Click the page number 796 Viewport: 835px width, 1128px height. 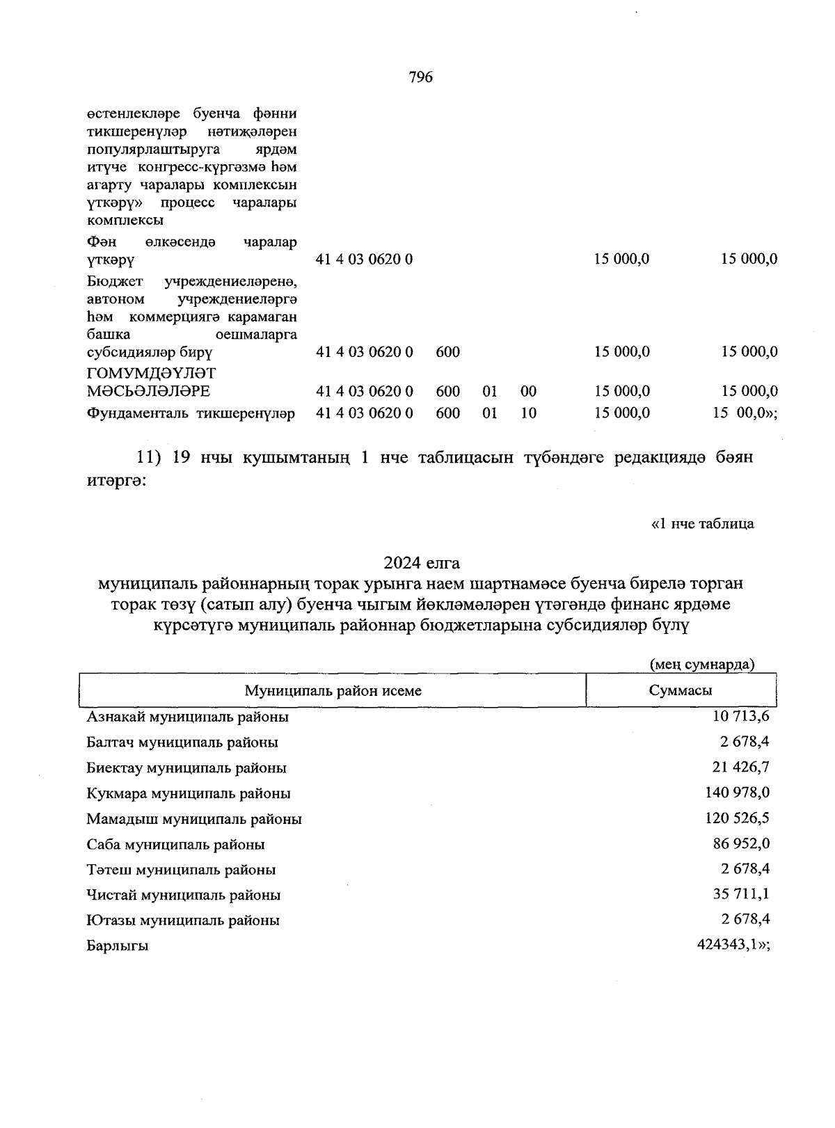coord(421,77)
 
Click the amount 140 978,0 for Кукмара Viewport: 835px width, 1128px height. coord(738,793)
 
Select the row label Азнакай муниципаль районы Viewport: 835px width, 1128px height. coord(188,717)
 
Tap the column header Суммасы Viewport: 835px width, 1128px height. coord(680,690)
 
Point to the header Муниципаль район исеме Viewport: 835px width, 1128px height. coord(333,691)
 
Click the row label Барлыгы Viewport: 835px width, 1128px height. coord(118,946)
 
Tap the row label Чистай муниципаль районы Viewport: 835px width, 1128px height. coord(184,895)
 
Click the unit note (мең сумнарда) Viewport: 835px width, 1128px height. coord(701,664)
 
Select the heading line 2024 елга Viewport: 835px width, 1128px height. coord(421,562)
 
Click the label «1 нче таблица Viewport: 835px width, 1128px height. coord(702,523)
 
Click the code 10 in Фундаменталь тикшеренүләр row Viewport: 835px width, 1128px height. coord(528,413)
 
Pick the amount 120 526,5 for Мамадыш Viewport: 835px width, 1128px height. coord(738,818)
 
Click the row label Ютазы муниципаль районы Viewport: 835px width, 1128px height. coord(183,921)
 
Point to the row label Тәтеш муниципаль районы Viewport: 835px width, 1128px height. coord(181,870)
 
